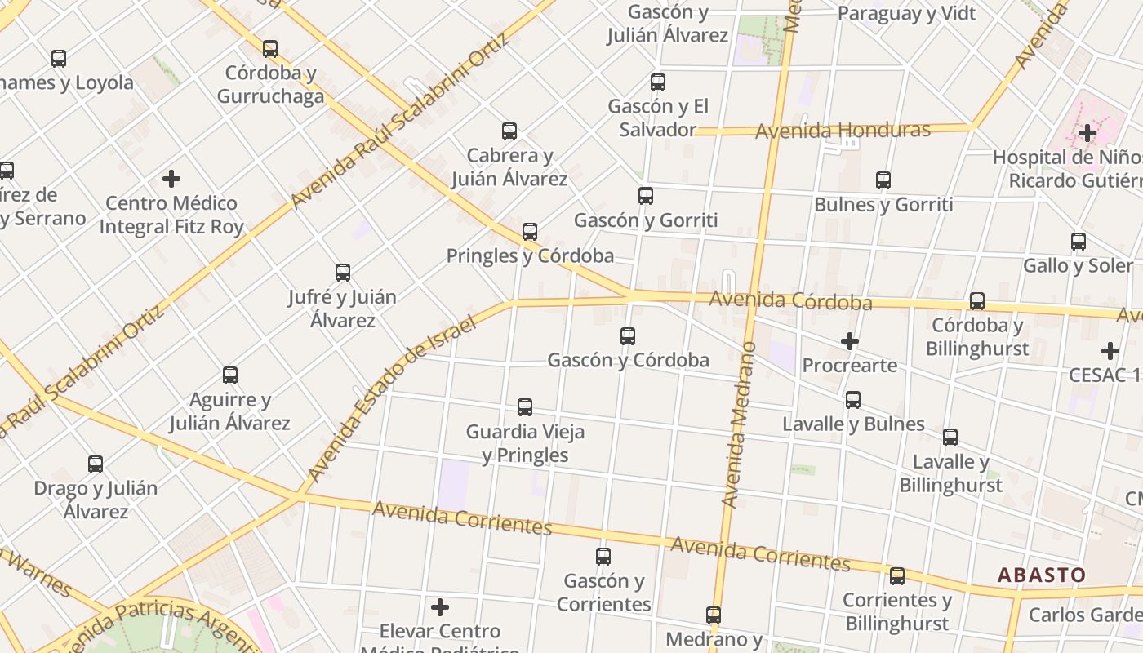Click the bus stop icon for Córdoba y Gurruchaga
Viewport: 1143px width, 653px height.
click(x=270, y=49)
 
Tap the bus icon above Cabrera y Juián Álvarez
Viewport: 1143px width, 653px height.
click(x=509, y=131)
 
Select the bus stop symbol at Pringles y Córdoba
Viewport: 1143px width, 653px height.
click(x=530, y=232)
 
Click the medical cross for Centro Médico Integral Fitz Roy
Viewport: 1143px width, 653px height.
click(x=171, y=179)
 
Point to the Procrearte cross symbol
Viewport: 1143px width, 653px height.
click(x=850, y=341)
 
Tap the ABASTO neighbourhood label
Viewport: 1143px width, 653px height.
click(x=1042, y=575)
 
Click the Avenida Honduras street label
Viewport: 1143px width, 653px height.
click(x=843, y=131)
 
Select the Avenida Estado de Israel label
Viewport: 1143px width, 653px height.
click(x=391, y=399)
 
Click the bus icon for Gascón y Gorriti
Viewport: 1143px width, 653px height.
click(x=646, y=196)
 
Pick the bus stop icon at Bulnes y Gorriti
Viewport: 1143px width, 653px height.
click(x=883, y=180)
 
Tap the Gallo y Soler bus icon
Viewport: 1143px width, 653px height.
click(x=1079, y=242)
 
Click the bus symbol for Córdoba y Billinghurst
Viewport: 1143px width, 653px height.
click(x=977, y=301)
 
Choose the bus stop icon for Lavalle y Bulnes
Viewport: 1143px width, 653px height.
click(x=853, y=400)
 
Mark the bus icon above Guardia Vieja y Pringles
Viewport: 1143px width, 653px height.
click(x=525, y=407)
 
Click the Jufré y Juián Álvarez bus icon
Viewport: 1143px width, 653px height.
click(x=343, y=273)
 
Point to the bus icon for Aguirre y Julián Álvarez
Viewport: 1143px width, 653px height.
click(x=230, y=375)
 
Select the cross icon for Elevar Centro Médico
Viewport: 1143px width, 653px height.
click(x=440, y=607)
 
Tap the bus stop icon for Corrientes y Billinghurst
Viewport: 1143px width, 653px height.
click(x=897, y=576)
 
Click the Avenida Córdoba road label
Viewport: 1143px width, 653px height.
click(x=790, y=300)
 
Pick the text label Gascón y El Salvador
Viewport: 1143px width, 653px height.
click(x=658, y=118)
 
